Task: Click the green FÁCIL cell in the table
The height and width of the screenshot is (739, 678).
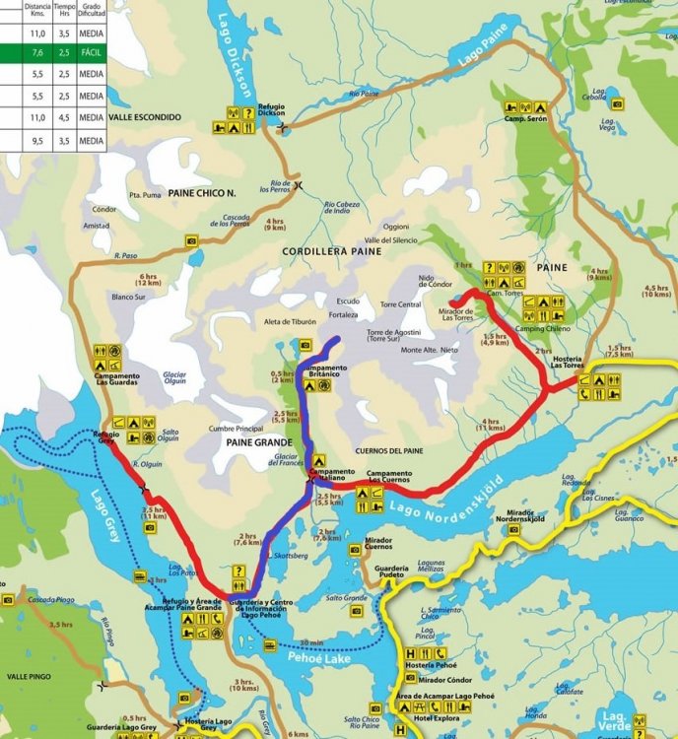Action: (x=91, y=51)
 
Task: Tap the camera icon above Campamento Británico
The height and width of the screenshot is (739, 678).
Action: (x=305, y=345)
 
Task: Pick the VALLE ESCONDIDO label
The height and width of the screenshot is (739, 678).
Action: (x=146, y=116)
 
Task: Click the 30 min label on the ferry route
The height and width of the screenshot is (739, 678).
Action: (x=310, y=642)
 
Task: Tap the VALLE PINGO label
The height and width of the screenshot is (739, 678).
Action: (x=30, y=678)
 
